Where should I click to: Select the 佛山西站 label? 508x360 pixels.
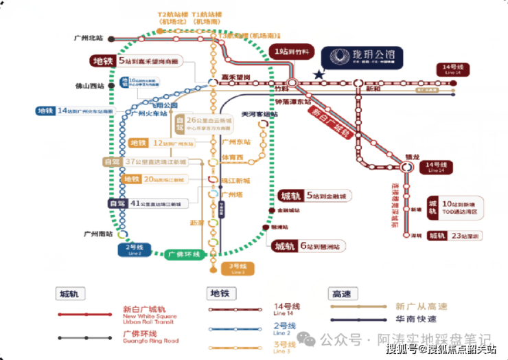click(91, 87)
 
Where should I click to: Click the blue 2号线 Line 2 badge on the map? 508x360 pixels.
click(134, 248)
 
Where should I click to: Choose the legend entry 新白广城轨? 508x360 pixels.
click(119, 313)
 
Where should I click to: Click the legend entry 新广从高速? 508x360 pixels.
click(421, 306)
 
